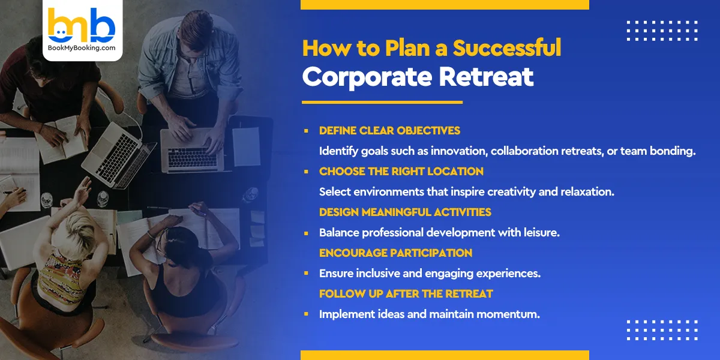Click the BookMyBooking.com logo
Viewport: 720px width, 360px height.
click(x=82, y=29)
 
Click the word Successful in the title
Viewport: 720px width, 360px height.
click(x=507, y=48)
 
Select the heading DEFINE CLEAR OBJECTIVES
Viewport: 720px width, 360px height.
click(x=389, y=130)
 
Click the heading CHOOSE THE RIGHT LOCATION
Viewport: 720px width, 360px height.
click(x=401, y=171)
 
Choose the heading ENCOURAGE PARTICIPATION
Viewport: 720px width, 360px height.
click(x=395, y=253)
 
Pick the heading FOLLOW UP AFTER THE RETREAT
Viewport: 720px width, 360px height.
click(x=406, y=293)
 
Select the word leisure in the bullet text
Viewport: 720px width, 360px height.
click(x=541, y=232)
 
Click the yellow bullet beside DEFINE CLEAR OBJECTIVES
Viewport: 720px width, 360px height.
click(x=306, y=130)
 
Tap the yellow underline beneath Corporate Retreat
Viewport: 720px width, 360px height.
click(x=382, y=102)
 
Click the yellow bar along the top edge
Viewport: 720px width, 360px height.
click(x=445, y=5)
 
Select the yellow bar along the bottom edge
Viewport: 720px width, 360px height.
click(x=445, y=355)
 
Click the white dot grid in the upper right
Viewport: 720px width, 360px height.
click(x=662, y=31)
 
